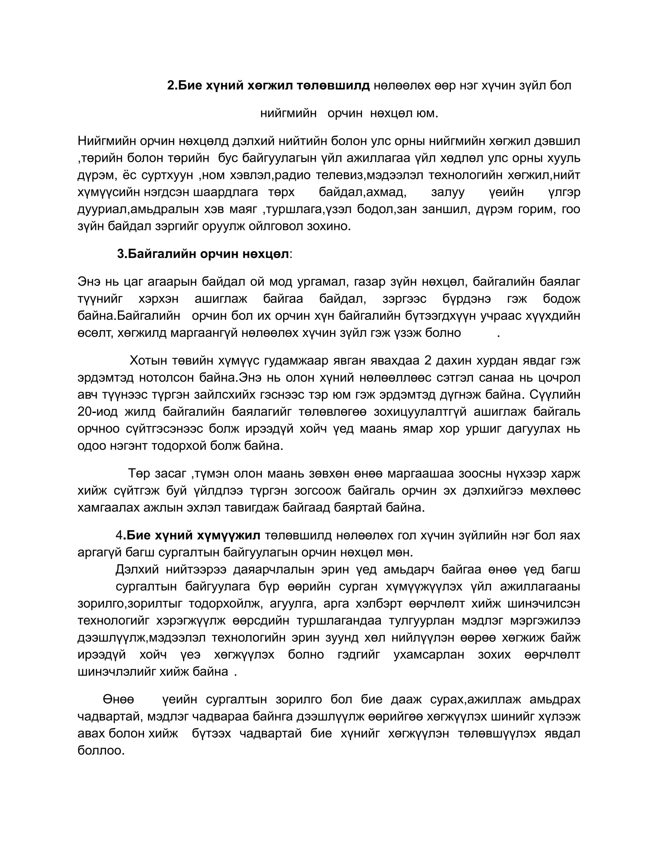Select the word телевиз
340,175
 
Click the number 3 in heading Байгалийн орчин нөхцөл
120,254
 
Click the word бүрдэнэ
467,299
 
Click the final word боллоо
101,750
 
